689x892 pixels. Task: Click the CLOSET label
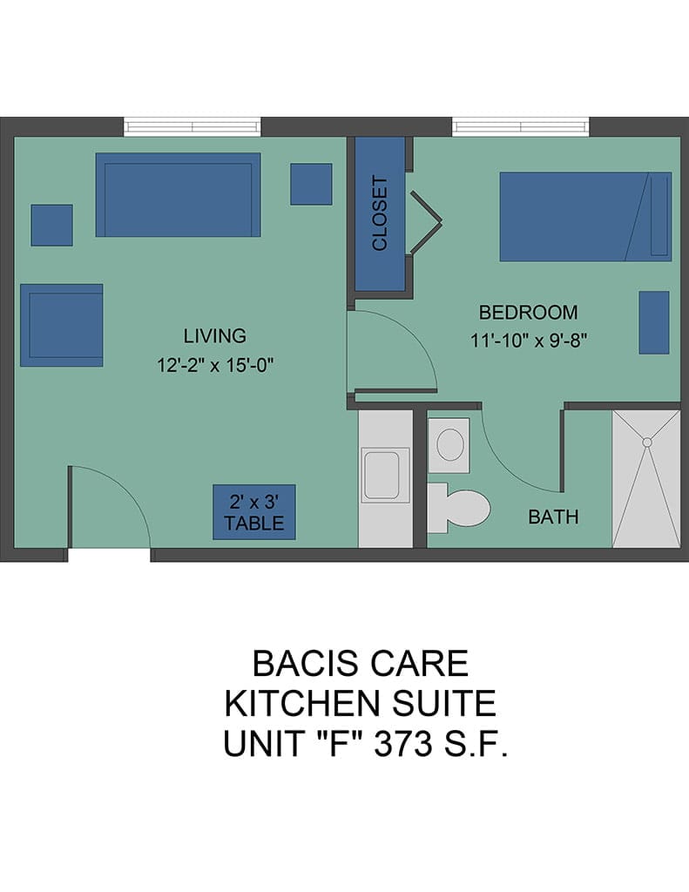(x=380, y=213)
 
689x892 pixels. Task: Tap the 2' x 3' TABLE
(x=254, y=512)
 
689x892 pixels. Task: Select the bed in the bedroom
(x=585, y=217)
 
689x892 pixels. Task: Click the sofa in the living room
(x=178, y=194)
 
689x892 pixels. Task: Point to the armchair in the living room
(x=62, y=326)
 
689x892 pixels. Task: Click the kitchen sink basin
(x=382, y=476)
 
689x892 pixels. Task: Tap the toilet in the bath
(x=458, y=508)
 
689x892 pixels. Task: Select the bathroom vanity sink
(x=449, y=445)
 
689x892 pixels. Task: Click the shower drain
(x=647, y=442)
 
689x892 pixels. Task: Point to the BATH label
(x=553, y=517)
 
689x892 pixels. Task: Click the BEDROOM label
(x=528, y=313)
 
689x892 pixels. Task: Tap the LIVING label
(x=214, y=335)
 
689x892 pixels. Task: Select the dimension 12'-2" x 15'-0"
(x=216, y=365)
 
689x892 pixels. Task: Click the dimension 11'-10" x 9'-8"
(x=529, y=341)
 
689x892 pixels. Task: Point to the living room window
(x=193, y=126)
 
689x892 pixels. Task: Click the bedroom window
(x=521, y=126)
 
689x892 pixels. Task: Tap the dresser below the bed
(x=654, y=322)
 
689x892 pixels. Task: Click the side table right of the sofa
(x=311, y=185)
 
